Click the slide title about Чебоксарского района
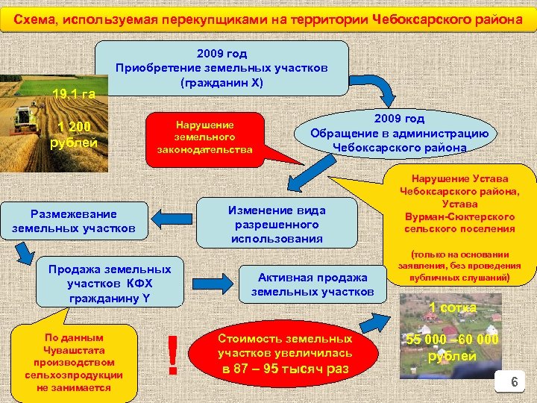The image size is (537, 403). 268,19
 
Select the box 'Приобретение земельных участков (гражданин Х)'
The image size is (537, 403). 222,68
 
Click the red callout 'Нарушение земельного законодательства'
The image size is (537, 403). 205,137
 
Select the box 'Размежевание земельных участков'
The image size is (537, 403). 74,222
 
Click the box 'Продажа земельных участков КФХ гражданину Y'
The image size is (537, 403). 110,284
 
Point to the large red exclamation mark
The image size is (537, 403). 172,355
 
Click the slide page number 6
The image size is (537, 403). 512,383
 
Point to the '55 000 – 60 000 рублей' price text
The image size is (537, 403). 452,348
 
